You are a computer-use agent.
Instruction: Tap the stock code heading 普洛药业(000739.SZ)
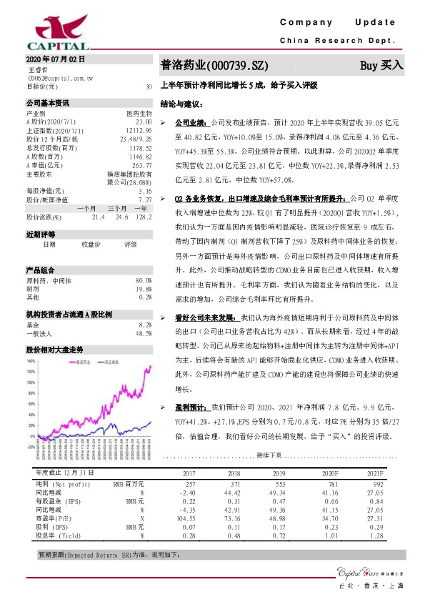pos(214,66)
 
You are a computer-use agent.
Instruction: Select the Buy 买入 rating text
pos(381,65)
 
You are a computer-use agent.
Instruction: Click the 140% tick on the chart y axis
pos(31,360)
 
